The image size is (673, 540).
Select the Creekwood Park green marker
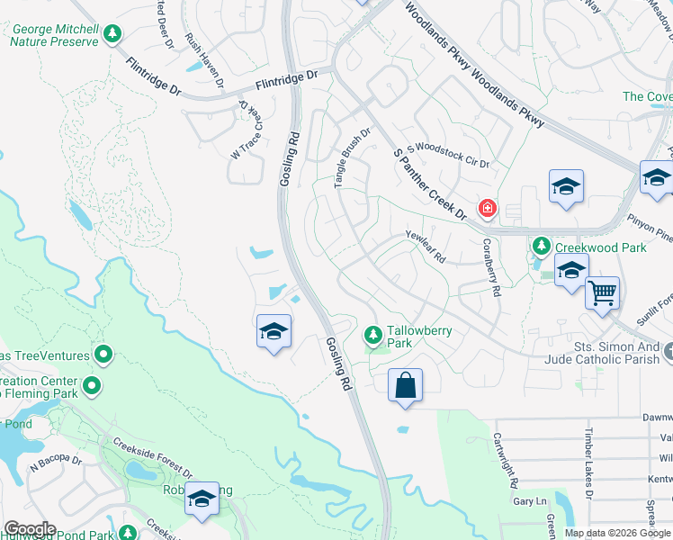tap(541, 246)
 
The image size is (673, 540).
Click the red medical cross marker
tap(488, 209)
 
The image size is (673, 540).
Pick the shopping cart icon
tap(602, 292)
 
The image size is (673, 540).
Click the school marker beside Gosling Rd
tap(274, 331)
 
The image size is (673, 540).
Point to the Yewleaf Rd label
tap(426, 245)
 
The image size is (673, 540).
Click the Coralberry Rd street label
tap(491, 267)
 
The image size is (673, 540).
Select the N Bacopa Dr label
tap(56, 464)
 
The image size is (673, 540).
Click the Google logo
tap(29, 529)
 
